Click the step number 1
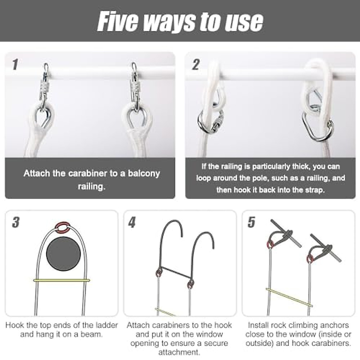pos(15,64)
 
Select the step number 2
pos(196,64)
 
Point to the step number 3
pos(16,223)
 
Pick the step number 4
pos(132,223)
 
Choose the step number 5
pos(251,223)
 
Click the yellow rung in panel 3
pos(61,280)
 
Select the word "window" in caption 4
pos(208,334)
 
